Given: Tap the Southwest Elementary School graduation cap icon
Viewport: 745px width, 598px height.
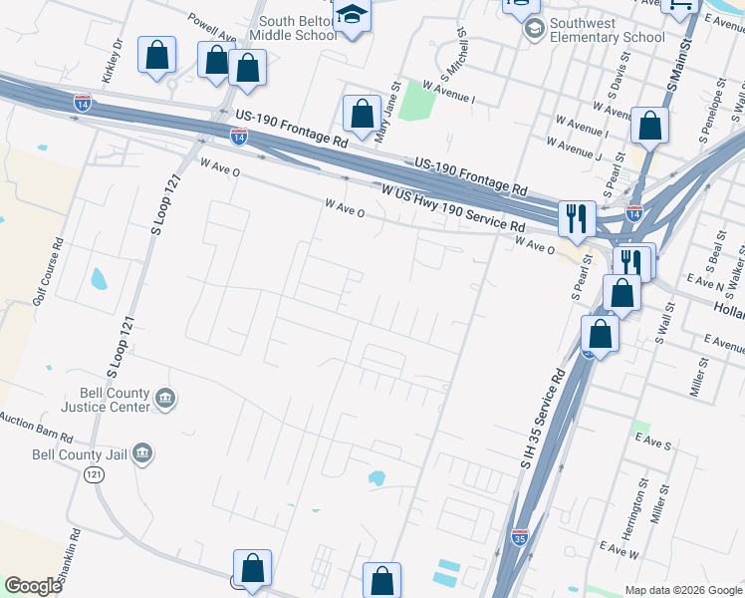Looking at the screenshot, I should click(x=535, y=30).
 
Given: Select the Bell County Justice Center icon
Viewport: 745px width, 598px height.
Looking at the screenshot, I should click(x=165, y=400).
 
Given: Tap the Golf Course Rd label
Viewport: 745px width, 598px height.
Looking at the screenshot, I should click(x=46, y=270).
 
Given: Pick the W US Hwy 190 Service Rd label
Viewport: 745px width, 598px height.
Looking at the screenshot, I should click(x=452, y=207).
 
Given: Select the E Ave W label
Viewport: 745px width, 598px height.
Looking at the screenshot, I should click(x=619, y=549).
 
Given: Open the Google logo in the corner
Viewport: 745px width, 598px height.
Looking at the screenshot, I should click(x=33, y=586).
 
